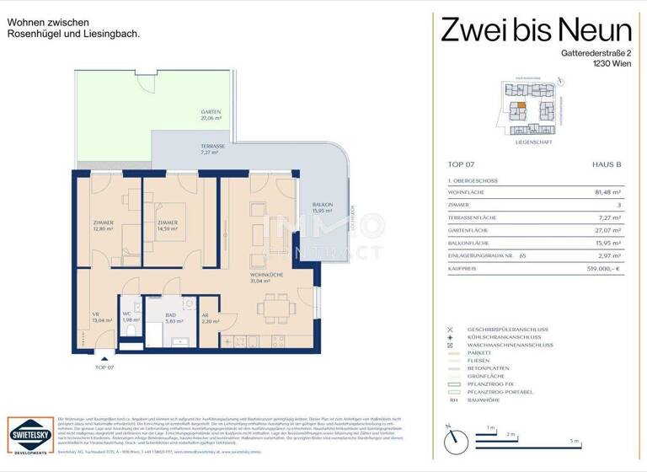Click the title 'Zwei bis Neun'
(536, 31)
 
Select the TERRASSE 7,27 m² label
(212, 150)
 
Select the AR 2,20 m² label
(210, 318)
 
